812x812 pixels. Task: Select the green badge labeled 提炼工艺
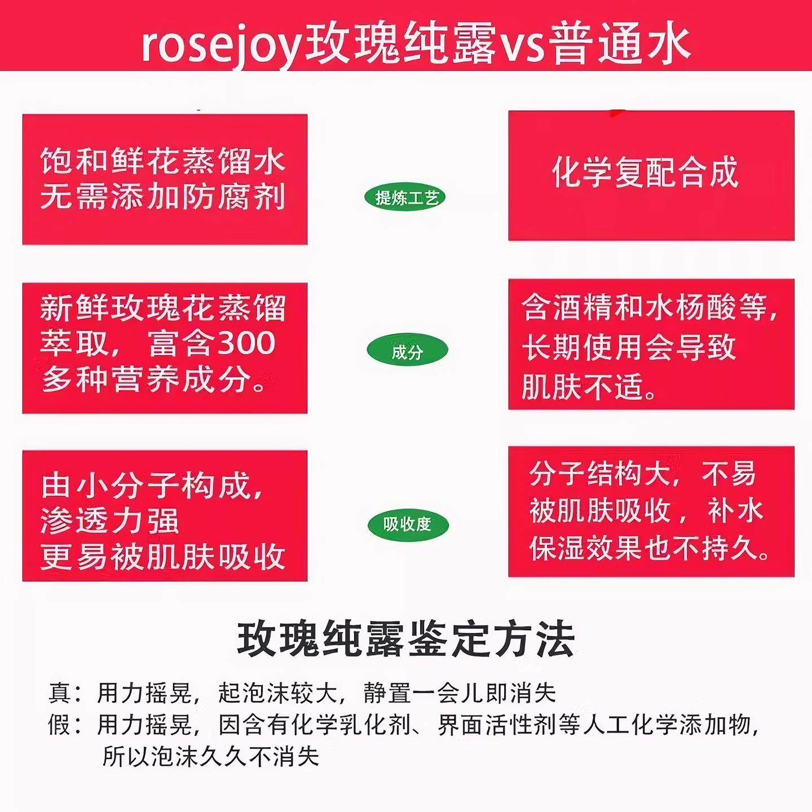[x=407, y=197]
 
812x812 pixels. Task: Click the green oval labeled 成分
[x=407, y=352]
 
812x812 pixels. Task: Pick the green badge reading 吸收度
[x=407, y=524]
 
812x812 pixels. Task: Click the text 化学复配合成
[x=645, y=173]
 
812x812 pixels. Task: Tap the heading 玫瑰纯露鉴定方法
[x=406, y=640]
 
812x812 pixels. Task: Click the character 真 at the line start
[x=60, y=693]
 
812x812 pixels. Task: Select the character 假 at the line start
[x=60, y=725]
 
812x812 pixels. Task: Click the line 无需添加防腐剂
[x=163, y=197]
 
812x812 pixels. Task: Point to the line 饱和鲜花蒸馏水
[x=163, y=161]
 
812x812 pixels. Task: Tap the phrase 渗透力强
[x=109, y=521]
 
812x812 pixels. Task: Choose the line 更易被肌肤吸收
[x=163, y=557]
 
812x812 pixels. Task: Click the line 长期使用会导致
[x=629, y=346]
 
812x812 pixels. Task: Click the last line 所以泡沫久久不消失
[x=211, y=756]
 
